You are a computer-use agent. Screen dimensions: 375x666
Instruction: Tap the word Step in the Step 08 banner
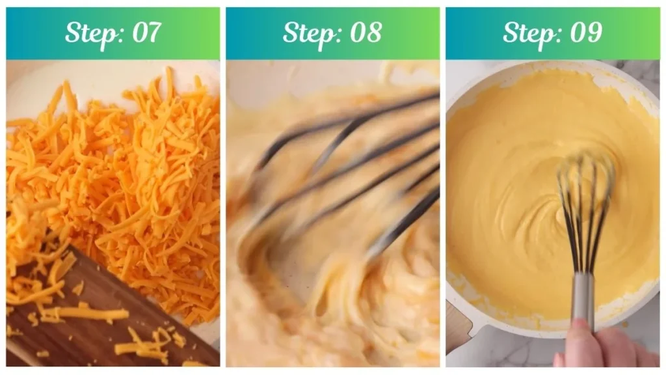(x=308, y=33)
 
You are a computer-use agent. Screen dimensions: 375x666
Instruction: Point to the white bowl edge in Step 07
(x=39, y=85)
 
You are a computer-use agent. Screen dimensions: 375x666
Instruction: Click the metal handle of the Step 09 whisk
(x=582, y=299)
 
